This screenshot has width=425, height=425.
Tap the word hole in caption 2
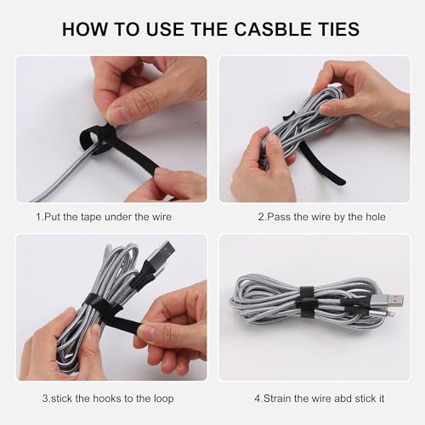(372, 217)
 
